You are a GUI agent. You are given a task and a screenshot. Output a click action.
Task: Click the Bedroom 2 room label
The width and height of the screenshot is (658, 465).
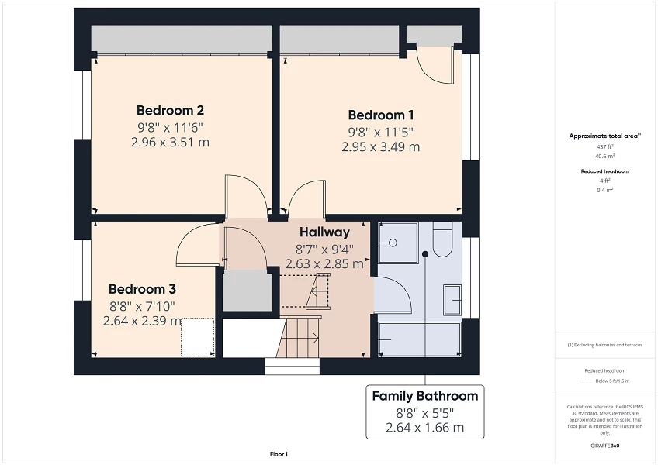(170, 110)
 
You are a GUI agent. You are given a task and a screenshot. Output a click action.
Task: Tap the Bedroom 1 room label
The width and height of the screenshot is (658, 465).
(381, 115)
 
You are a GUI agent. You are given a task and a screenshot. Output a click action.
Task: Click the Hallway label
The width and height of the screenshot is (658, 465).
(324, 232)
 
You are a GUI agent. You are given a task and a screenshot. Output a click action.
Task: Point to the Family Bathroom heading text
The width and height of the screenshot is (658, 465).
(424, 396)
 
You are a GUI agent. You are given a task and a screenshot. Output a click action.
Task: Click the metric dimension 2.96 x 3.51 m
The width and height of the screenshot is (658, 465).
(170, 142)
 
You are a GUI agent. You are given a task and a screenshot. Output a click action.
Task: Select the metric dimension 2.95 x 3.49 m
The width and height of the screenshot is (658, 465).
(381, 146)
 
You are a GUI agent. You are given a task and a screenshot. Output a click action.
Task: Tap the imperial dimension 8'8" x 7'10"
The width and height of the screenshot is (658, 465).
(142, 305)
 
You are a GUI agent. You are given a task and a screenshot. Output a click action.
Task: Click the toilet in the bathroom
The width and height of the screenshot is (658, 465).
(442, 239)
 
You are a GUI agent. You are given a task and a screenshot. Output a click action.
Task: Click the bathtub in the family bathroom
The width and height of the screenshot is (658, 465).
(419, 339)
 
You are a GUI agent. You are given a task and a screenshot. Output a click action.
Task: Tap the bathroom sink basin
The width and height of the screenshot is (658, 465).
(452, 295)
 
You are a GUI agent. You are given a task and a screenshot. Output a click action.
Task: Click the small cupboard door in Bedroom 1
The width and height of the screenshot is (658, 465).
(435, 64)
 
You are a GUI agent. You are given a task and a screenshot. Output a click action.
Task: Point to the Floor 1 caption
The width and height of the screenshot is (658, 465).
(279, 453)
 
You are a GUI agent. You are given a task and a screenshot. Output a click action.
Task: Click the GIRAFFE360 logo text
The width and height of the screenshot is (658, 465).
(606, 446)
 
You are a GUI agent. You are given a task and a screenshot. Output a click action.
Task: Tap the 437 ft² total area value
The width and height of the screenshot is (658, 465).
(604, 146)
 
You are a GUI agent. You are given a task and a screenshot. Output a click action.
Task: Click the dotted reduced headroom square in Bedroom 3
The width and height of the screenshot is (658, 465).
(197, 337)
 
